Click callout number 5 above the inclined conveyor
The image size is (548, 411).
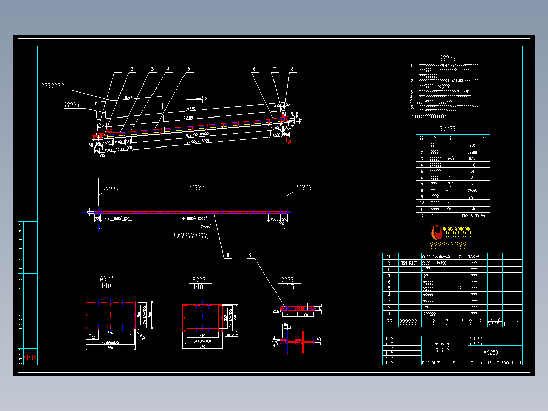(188, 69)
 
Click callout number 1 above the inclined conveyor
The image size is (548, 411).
(118, 69)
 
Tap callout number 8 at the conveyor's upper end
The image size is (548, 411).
(292, 69)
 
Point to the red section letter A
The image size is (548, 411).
(290, 142)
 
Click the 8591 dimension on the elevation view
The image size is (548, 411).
(128, 97)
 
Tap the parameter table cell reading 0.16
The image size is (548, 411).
(473, 158)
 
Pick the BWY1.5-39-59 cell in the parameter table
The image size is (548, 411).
(473, 216)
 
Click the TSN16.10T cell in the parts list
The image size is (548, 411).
(409, 263)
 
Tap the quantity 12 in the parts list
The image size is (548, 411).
(460, 288)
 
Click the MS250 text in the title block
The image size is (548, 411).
(491, 352)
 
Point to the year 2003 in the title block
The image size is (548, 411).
(505, 363)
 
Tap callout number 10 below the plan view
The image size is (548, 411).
(226, 255)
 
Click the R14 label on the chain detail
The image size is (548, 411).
(276, 310)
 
